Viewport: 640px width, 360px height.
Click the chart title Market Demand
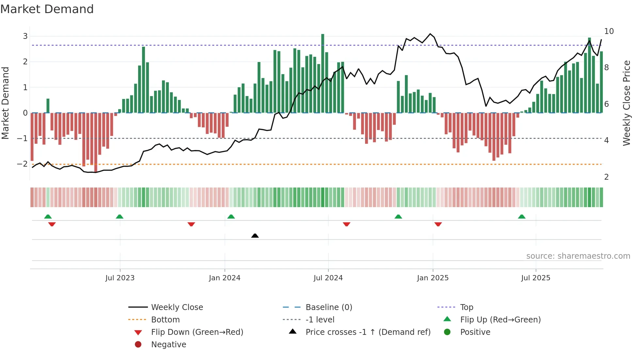[47, 9]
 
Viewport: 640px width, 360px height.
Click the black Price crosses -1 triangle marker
[255, 236]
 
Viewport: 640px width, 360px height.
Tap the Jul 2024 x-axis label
[328, 278]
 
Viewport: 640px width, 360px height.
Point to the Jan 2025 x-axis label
[433, 278]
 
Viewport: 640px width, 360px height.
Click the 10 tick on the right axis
[609, 31]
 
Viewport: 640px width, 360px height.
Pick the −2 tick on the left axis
[22, 164]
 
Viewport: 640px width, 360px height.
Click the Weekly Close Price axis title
[626, 103]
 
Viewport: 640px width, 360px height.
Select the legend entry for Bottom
[165, 319]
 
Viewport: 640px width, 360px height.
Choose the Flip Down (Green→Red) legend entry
[197, 332]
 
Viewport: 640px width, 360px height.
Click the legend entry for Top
[467, 307]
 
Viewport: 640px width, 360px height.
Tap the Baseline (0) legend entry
[328, 307]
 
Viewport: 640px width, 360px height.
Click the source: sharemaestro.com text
[578, 256]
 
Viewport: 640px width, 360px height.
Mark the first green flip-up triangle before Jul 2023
[48, 217]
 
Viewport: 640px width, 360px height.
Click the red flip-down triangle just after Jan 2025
[438, 224]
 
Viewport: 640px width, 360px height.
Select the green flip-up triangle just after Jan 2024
[231, 217]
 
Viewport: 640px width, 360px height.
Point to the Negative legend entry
[168, 344]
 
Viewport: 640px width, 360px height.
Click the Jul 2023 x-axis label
[120, 278]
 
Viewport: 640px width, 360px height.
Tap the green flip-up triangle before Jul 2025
[522, 217]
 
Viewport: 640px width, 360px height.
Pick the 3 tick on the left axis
[25, 36]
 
